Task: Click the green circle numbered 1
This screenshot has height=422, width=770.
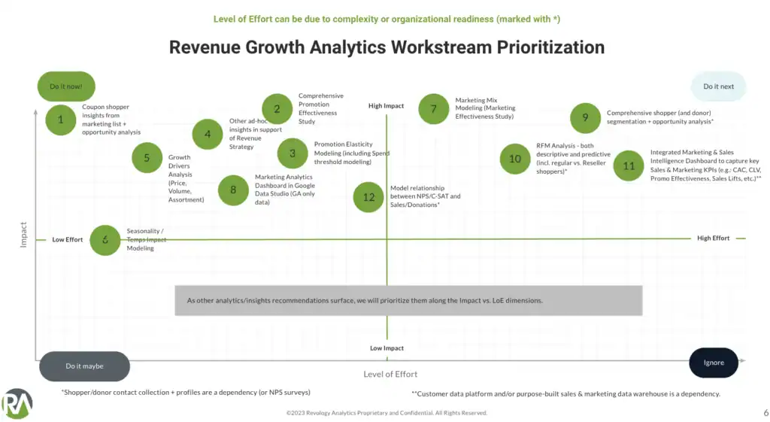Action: tap(61, 120)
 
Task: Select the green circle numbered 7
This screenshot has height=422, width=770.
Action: tap(433, 109)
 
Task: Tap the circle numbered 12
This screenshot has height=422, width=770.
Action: tap(368, 197)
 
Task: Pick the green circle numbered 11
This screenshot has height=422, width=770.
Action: tap(629, 165)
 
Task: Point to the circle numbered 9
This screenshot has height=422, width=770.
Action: tap(585, 117)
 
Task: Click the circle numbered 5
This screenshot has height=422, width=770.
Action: tap(147, 158)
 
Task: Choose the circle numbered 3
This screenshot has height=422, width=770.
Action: tap(293, 153)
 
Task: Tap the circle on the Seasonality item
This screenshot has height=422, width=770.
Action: tap(105, 240)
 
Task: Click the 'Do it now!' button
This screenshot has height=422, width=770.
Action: tap(66, 87)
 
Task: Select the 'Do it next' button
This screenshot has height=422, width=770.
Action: tap(718, 87)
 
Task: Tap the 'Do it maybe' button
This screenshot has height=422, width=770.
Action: tap(84, 366)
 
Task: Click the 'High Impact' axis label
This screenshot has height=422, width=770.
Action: tap(386, 106)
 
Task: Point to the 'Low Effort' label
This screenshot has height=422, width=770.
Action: tap(68, 240)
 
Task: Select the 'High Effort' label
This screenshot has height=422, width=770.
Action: tap(713, 238)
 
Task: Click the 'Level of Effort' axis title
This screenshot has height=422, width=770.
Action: tap(390, 374)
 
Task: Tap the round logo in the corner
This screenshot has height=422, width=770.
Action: tap(17, 404)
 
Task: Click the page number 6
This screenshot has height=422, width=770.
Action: tap(756, 412)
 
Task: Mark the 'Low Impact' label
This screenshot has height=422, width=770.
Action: tap(387, 348)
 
